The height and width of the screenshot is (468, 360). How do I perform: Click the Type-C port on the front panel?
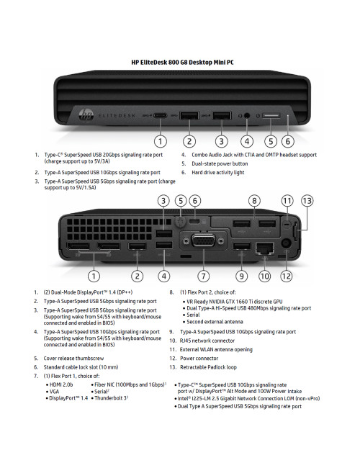[159, 115]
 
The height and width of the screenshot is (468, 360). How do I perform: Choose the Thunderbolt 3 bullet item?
[111, 397]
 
